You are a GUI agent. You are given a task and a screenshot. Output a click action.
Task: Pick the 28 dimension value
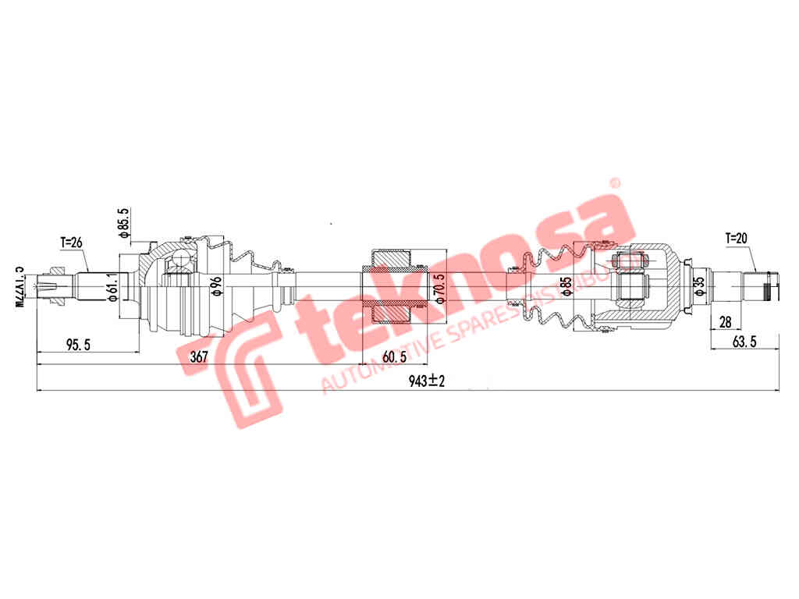[x=726, y=321]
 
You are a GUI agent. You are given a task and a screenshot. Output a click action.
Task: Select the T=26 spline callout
[x=72, y=242]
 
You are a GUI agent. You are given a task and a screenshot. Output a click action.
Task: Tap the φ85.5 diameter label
[x=123, y=223]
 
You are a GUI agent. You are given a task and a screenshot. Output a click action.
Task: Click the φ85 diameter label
[x=567, y=284]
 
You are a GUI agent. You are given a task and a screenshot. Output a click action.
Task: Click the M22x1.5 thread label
[x=20, y=285]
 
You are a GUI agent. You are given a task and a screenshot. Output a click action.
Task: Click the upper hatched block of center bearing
[x=392, y=257]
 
